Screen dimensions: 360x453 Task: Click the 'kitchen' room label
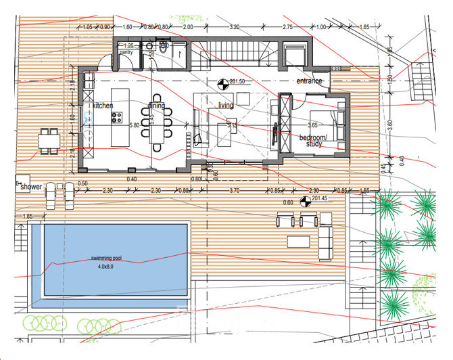pos(103,106)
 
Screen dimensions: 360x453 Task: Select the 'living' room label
pos(225,106)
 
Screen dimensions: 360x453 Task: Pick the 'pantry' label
pos(126,51)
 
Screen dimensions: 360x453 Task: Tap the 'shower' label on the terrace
pos(31,186)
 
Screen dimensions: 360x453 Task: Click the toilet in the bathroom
pos(163,48)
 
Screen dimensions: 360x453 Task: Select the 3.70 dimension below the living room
pos(235,192)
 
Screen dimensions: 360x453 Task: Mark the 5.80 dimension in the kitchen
pos(135,125)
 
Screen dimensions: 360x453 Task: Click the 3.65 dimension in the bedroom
pos(313,125)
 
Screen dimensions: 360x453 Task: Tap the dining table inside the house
pos(158,125)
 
